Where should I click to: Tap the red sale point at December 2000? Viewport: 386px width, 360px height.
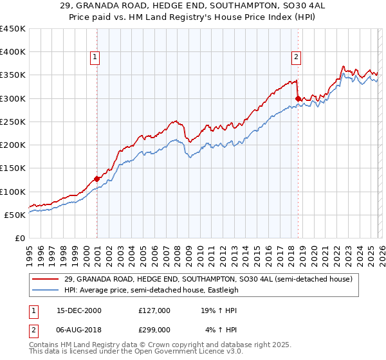pyautogui.click(x=96, y=179)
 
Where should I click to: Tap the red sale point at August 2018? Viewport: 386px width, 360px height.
pyautogui.click(x=298, y=98)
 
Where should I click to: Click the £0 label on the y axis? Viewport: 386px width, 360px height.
pyautogui.click(x=21, y=238)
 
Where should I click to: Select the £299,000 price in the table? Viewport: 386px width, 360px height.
pyautogui.click(x=154, y=331)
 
